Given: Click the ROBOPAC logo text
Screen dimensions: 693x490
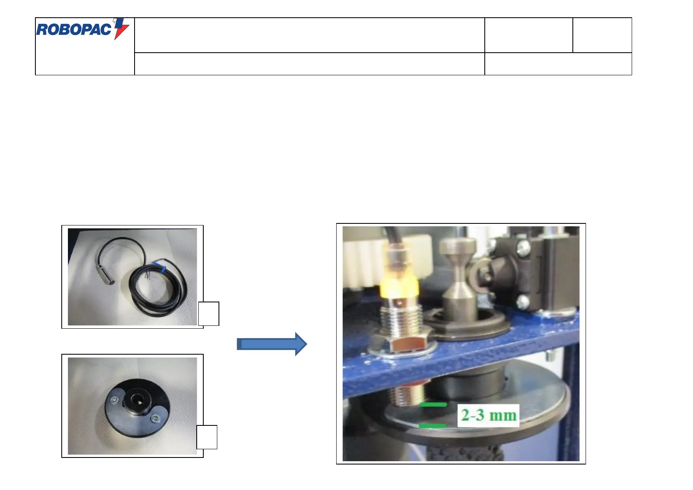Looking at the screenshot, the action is tap(74, 30).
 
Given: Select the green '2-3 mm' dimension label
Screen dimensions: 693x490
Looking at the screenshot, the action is tap(488, 415).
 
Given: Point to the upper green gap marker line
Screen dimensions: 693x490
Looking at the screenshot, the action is tap(433, 405).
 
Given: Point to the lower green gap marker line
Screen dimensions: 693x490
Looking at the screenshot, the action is tap(432, 425).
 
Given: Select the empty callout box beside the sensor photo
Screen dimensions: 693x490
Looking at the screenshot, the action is tap(209, 314).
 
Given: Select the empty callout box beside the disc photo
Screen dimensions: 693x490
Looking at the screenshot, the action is tap(207, 437).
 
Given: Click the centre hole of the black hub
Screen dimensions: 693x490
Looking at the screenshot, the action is tap(135, 399).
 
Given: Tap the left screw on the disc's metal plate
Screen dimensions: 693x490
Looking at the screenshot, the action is tap(114, 399).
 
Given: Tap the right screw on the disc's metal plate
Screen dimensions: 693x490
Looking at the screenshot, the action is tap(155, 418).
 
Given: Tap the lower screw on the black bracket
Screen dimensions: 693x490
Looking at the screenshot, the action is tap(523, 302).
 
